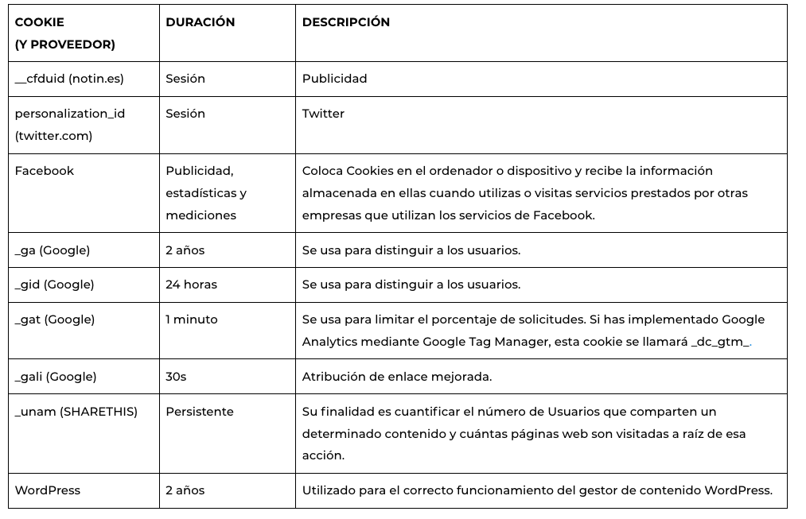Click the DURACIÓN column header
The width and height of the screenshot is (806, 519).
pos(200,22)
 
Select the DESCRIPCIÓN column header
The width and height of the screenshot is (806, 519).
pos(345,22)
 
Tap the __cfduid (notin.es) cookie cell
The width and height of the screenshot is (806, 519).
pos(69,79)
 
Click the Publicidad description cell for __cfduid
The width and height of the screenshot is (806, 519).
pos(334,79)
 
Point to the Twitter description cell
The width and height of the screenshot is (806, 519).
pos(323,114)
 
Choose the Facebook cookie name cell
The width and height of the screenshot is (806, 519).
pos(45,171)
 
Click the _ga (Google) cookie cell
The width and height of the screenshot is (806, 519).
pos(53,250)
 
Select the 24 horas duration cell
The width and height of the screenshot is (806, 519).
pos(191,285)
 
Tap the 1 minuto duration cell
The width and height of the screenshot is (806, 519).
pos(191,320)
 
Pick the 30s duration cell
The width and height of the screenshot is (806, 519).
pos(176,377)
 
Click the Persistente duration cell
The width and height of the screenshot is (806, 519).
pos(200,412)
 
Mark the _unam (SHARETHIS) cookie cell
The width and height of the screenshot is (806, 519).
pos(76,412)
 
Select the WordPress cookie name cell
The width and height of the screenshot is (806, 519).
pos(48,490)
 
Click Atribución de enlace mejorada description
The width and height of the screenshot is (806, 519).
pos(397,377)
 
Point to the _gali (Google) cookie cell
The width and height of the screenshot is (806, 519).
pos(56,377)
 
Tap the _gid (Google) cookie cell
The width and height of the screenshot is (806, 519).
pos(54,285)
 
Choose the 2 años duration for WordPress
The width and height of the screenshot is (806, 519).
pos(185,490)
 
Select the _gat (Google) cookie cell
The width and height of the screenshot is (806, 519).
pos(54,320)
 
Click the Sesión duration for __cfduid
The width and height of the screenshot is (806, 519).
pos(185,79)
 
